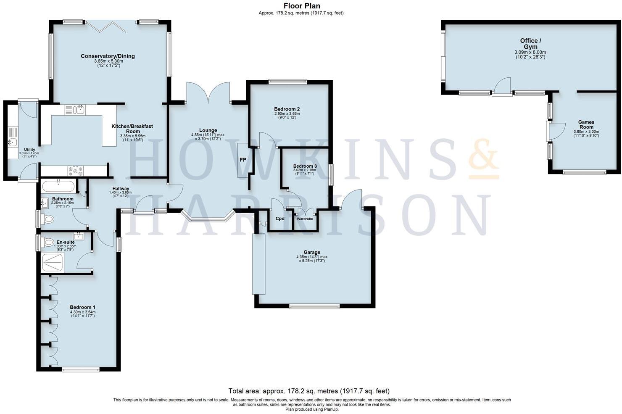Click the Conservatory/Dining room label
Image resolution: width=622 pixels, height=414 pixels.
pyautogui.click(x=108, y=56)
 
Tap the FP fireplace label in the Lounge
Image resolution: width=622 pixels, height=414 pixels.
pyautogui.click(x=243, y=160)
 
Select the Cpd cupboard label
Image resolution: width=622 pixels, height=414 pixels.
pyautogui.click(x=280, y=219)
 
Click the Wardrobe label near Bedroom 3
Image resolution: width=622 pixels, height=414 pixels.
pyautogui.click(x=305, y=219)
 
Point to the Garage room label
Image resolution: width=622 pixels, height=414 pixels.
pyautogui.click(x=311, y=252)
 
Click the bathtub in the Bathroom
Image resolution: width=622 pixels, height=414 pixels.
pyautogui.click(x=58, y=185)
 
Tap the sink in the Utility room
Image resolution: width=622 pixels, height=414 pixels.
pyautogui.click(x=13, y=142)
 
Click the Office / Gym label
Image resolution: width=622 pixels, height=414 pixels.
pyautogui.click(x=530, y=44)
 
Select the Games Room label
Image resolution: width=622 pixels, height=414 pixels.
pyautogui.click(x=586, y=124)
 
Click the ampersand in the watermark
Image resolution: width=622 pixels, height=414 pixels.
pyautogui.click(x=483, y=160)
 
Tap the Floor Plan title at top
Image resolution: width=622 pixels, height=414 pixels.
pyautogui.click(x=301, y=6)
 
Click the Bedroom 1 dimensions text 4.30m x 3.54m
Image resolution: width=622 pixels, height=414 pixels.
pyautogui.click(x=82, y=312)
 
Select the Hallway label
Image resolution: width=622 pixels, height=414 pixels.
pyautogui.click(x=121, y=189)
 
